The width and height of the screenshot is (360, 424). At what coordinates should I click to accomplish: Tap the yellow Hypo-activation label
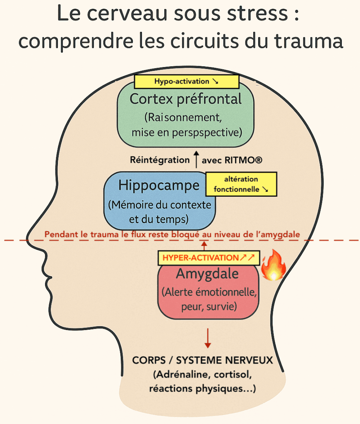point(186,82)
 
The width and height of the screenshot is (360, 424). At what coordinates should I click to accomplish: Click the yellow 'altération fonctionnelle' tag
point(241,184)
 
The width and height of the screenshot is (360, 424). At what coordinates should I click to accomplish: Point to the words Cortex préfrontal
point(186,99)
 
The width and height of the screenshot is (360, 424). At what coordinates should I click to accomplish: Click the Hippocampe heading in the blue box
point(159,185)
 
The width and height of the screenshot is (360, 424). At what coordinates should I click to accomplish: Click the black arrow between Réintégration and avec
point(196,159)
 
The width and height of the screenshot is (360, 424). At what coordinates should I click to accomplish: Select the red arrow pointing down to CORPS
point(208,338)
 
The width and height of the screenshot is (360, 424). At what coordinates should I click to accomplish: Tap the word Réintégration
point(160,159)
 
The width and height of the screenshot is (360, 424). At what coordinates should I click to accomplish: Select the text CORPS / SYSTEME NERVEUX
point(202,360)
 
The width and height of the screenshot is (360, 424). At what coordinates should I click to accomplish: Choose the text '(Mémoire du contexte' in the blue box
point(159,205)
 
